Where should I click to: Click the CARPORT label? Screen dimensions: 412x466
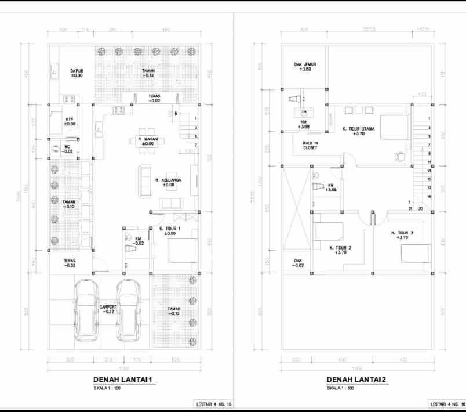[x=108, y=308]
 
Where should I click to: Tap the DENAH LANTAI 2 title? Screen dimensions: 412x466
[x=355, y=380]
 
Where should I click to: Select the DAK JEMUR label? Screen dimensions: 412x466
[x=305, y=66]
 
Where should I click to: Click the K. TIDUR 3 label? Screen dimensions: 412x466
[x=402, y=234]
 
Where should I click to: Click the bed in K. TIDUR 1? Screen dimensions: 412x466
[x=183, y=251]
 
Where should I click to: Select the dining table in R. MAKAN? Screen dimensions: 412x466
[x=148, y=141]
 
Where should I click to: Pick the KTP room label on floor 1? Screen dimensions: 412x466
[x=70, y=121]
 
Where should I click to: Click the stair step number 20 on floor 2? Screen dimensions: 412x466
[x=420, y=208]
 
